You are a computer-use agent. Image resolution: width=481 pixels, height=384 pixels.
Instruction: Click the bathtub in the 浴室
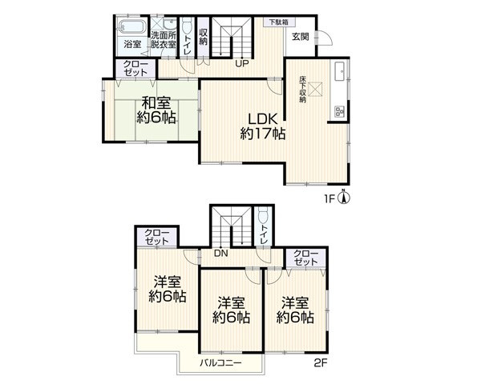point(132,26)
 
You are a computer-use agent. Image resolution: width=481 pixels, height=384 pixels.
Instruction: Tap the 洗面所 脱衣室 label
point(164,40)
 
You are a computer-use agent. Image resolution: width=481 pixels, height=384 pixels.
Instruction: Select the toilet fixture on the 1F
point(187,26)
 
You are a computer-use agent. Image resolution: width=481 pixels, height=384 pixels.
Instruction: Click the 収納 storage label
point(203,37)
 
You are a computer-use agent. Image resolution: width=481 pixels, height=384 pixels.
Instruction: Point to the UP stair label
point(242,64)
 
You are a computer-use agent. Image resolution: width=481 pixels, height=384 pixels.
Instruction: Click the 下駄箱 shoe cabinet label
point(279,22)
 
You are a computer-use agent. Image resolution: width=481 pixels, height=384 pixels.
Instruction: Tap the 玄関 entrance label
point(300,37)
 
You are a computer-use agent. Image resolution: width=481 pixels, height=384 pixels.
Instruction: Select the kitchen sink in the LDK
point(340,71)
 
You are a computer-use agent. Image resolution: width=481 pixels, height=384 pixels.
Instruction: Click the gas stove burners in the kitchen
point(339,112)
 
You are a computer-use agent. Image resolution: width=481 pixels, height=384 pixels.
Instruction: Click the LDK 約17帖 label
point(263,126)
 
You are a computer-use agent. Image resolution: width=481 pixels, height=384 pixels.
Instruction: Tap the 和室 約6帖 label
point(156,110)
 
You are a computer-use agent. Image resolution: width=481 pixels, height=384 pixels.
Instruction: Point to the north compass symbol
point(344,197)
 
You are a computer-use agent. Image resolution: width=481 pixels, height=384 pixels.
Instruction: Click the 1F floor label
point(329,199)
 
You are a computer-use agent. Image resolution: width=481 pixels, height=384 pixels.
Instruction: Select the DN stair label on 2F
point(221,254)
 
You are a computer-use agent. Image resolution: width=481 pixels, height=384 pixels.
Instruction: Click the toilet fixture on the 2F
point(263,215)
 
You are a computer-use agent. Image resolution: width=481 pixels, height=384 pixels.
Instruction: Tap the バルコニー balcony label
point(221,363)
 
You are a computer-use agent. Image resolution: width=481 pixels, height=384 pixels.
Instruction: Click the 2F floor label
point(321,363)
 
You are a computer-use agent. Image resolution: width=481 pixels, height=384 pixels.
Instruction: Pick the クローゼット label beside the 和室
point(135,68)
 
